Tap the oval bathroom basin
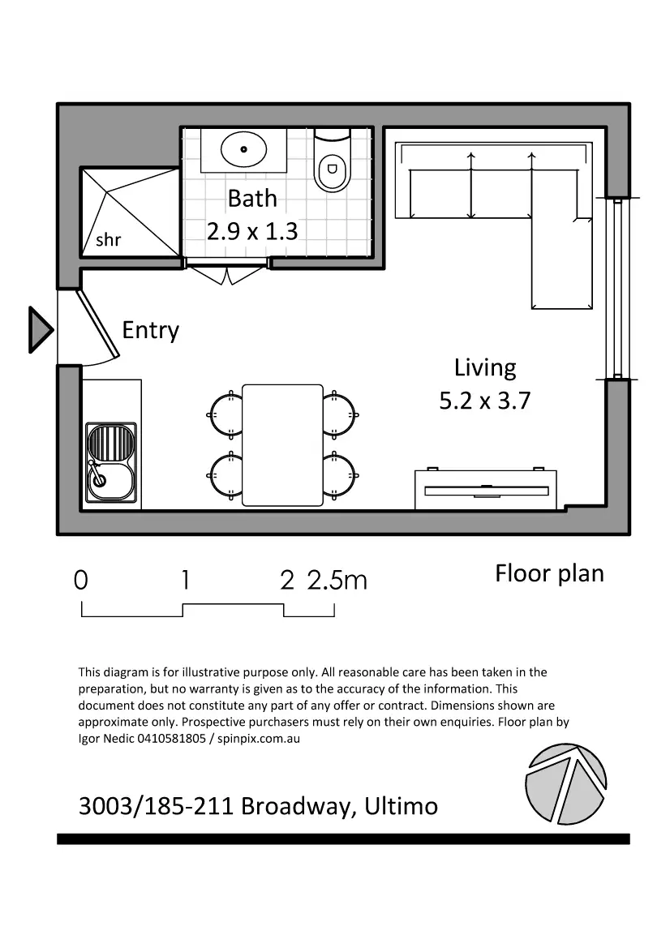coord(244,149)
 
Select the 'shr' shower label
coord(108,240)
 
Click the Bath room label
coord(251,198)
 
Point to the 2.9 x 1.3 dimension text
coord(251,231)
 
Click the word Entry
coord(150,330)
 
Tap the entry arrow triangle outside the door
coord(39,330)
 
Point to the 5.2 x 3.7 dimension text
coord(484,401)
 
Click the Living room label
coord(484,367)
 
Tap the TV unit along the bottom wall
coord(485,489)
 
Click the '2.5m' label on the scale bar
coord(337,581)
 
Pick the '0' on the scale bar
coord(80,581)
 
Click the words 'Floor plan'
coord(549,573)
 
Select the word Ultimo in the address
coord(401,806)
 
